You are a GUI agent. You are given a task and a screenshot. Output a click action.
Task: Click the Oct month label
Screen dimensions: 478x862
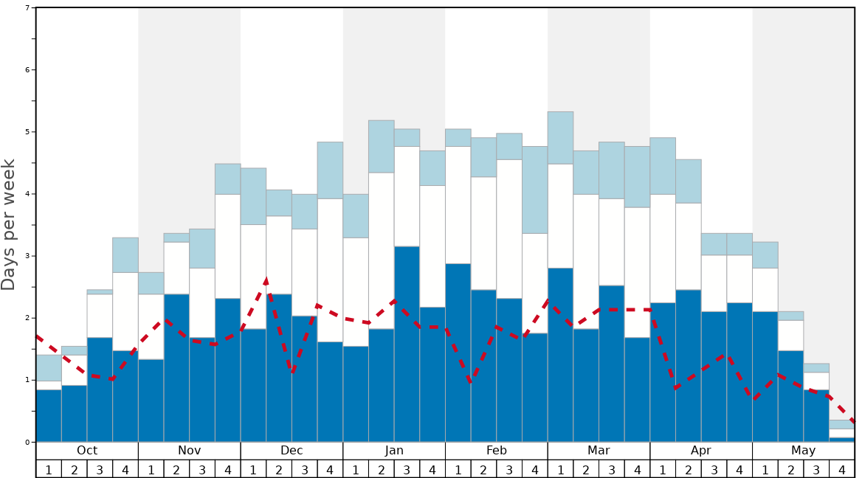point(87,451)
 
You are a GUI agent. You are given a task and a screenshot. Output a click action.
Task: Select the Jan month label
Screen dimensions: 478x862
point(394,451)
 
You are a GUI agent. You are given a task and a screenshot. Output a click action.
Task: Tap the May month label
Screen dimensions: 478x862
point(804,451)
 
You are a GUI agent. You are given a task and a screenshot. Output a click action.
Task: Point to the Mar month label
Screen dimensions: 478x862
point(599,451)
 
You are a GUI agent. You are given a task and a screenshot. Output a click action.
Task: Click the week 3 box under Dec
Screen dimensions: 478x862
point(305,469)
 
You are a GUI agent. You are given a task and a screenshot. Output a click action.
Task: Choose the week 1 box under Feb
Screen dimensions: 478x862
point(458,469)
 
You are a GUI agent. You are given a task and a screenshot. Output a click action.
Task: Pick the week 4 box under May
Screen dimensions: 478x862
point(842,469)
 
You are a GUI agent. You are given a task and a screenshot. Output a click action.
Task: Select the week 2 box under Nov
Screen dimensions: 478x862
point(176,469)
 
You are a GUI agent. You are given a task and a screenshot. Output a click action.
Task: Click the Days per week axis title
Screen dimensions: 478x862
point(9,224)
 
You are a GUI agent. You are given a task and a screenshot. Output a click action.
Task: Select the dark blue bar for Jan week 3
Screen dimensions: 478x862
point(407,344)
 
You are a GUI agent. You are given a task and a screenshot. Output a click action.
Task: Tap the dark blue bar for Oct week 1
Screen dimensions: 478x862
point(49,415)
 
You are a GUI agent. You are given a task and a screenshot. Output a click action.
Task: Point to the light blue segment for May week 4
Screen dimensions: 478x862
point(842,424)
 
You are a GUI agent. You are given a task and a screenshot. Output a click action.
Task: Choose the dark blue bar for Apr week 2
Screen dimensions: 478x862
point(689,365)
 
